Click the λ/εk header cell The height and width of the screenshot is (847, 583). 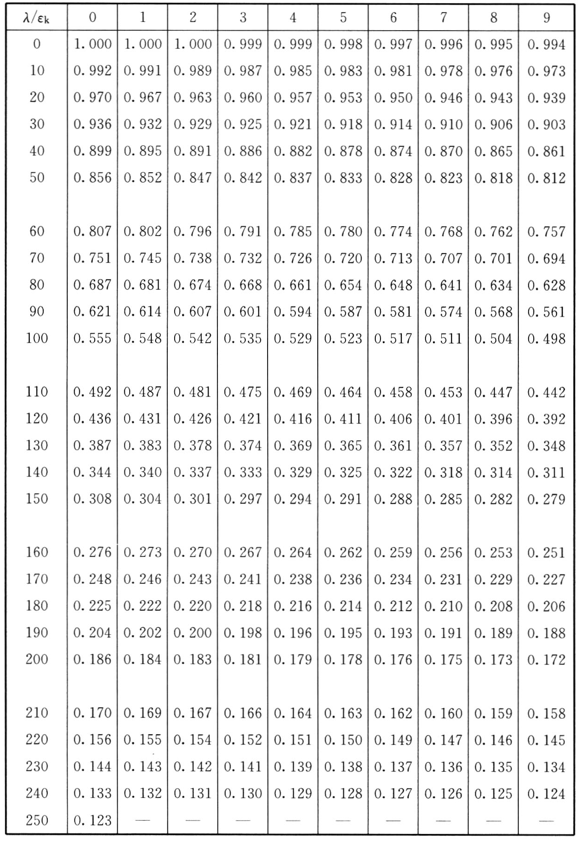tap(36, 18)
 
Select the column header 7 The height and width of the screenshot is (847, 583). tap(443, 18)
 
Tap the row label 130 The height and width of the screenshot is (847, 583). tap(37, 445)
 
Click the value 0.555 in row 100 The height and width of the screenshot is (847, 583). tap(92, 339)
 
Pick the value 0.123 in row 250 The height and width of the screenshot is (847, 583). tap(92, 821)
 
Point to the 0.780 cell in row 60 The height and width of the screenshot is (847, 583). tap(343, 231)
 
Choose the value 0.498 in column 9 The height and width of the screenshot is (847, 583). tap(546, 339)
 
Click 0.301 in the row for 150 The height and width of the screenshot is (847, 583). tap(192, 499)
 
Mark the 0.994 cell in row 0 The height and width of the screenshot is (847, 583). tap(546, 45)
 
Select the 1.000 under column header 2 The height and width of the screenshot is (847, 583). tap(192, 45)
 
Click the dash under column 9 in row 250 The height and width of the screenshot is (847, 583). tap(546, 821)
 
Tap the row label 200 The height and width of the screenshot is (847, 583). tap(37, 659)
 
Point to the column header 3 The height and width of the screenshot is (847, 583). tap(242, 18)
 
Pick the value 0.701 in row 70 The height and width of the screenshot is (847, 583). tap(493, 258)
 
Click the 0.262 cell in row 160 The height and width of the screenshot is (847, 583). tap(343, 553)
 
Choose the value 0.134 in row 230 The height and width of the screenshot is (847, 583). tap(546, 767)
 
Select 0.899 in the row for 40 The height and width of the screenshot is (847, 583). tap(92, 151)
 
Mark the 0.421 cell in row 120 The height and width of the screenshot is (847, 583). tap(242, 419)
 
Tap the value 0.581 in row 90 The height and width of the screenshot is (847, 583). tap(393, 312)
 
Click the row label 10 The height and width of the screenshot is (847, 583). tap(37, 71)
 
